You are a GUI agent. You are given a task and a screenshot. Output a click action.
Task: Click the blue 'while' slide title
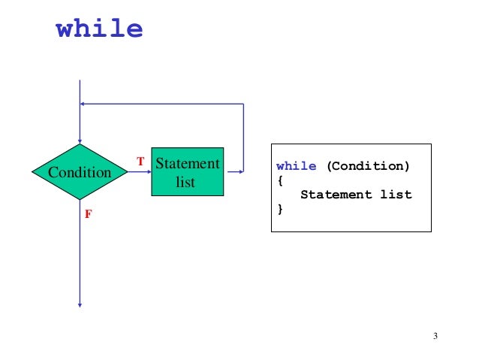pos(99,29)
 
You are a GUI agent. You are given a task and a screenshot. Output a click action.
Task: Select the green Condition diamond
pos(79,172)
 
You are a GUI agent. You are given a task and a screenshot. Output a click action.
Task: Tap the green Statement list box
pos(187,172)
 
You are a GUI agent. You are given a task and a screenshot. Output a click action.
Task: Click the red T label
pos(140,162)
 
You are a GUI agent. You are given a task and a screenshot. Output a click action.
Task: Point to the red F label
pos(88,214)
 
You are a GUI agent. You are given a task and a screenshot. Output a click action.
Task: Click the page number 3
pos(435,335)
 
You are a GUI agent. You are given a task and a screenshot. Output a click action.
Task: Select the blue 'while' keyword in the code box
pos(296,166)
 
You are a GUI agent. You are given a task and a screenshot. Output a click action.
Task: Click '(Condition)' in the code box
pos(367,166)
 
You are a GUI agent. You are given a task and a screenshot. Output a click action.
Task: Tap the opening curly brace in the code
pos(280,180)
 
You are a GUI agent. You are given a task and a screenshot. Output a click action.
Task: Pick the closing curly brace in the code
pos(280,209)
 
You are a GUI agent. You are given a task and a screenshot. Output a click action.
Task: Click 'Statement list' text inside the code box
pos(356,195)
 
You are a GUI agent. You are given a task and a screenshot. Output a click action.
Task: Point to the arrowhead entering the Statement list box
pos(148,172)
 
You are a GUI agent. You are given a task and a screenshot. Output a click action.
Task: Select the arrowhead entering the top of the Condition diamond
pos(79,141)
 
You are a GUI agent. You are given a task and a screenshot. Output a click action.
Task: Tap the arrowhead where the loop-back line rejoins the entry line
pos(83,104)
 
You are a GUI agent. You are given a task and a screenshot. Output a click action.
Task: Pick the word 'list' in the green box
pos(185,182)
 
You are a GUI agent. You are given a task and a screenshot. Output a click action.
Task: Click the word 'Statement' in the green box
pos(187,163)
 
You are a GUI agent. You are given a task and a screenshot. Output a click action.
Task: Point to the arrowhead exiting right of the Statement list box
pos(240,172)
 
